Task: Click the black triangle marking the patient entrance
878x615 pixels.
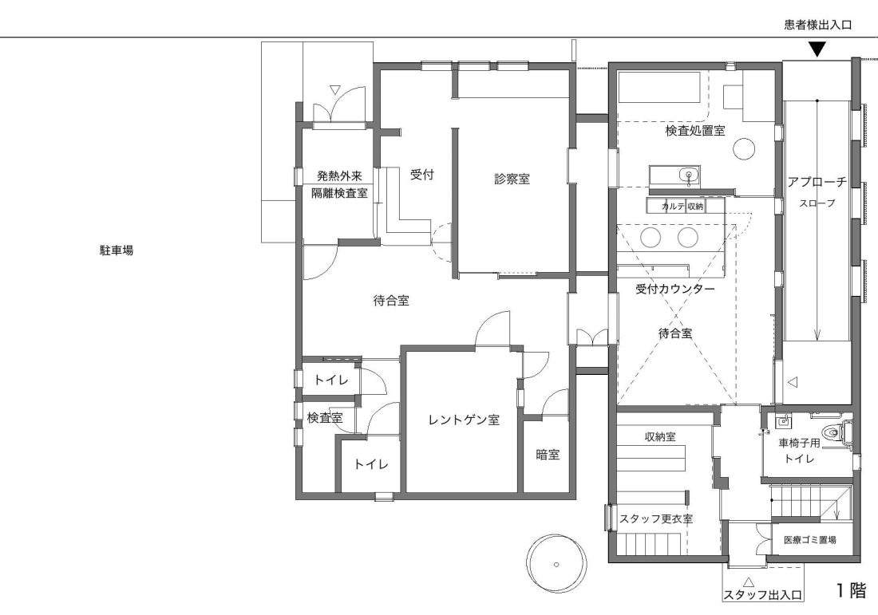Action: pyautogui.click(x=818, y=49)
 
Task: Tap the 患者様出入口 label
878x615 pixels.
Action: pyautogui.click(x=817, y=25)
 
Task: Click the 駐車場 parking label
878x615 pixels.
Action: pyautogui.click(x=117, y=250)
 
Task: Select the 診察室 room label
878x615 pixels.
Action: pyautogui.click(x=512, y=179)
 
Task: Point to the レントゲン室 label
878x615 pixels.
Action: pyautogui.click(x=464, y=420)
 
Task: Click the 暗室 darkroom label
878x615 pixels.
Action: pyautogui.click(x=548, y=455)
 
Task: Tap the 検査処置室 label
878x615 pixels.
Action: pyautogui.click(x=695, y=130)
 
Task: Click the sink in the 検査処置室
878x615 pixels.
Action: pyautogui.click(x=689, y=175)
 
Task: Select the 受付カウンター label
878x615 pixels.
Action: pyautogui.click(x=674, y=290)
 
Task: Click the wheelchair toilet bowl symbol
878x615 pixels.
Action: pyautogui.click(x=832, y=432)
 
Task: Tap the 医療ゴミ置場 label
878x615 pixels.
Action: pyautogui.click(x=809, y=540)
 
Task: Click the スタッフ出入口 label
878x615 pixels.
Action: pyautogui.click(x=762, y=595)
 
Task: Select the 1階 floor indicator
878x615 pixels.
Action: pyautogui.click(x=851, y=590)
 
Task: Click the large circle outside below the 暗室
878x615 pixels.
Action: pyautogui.click(x=557, y=564)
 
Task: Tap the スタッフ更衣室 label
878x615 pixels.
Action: pyautogui.click(x=655, y=518)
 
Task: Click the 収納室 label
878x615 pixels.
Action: pyautogui.click(x=659, y=437)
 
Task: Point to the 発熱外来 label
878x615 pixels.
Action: pyautogui.click(x=339, y=175)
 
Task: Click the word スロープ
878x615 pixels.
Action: pyautogui.click(x=817, y=203)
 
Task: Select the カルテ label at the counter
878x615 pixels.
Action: pyautogui.click(x=673, y=207)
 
